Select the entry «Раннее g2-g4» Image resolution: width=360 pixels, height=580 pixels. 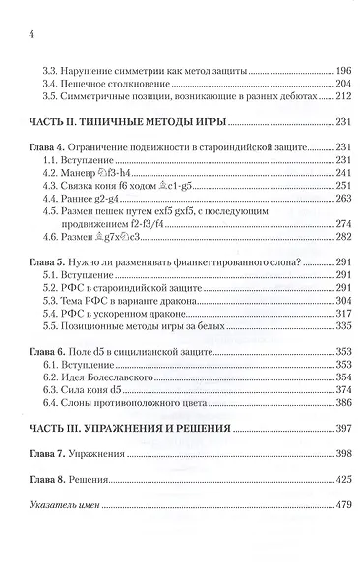[x=85, y=198]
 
